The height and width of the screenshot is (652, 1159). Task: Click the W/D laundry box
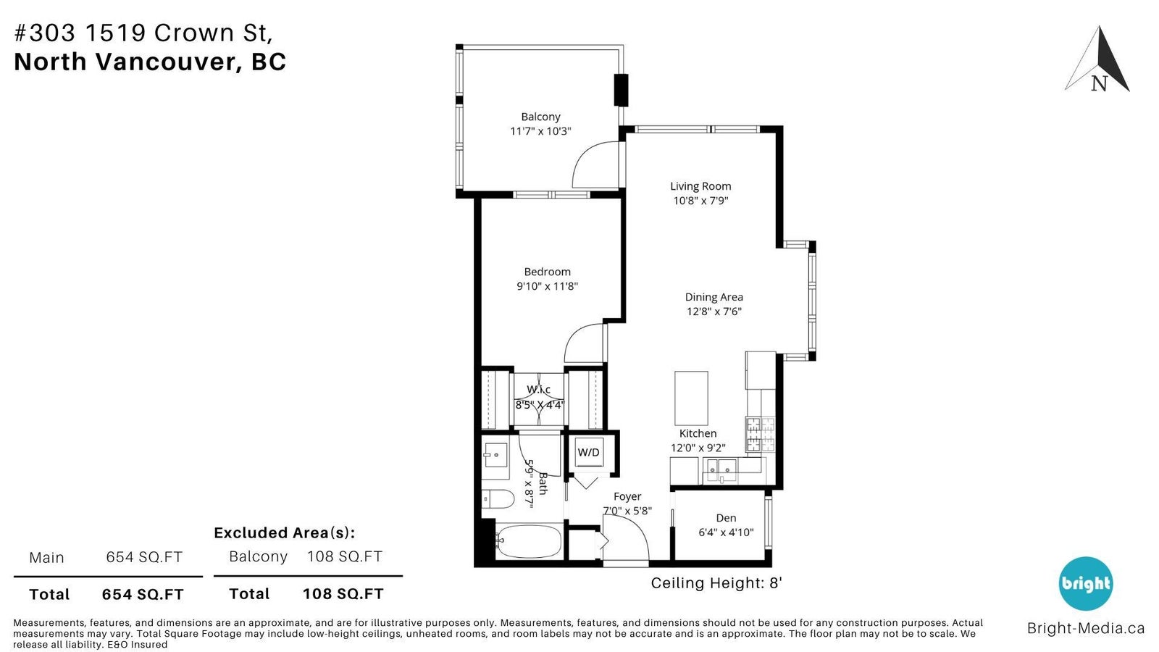pos(589,452)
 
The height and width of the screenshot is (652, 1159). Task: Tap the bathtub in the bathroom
pos(528,542)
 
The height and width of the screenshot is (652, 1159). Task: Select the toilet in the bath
pos(498,499)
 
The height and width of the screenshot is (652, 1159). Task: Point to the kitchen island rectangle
pos(691,398)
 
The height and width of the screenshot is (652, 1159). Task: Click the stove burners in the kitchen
pos(760,434)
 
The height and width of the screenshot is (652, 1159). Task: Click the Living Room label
pos(700,186)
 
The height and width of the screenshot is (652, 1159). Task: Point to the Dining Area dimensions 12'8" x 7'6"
pos(714,312)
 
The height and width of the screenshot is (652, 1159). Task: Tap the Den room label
pos(726,518)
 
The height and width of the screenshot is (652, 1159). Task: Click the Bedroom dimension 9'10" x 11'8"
pos(547,286)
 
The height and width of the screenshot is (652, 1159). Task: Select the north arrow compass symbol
pos(1097,59)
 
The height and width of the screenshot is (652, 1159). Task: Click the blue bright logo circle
pos(1085,584)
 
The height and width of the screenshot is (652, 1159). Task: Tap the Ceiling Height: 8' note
pos(716,583)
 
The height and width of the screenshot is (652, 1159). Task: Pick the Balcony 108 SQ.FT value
pos(345,557)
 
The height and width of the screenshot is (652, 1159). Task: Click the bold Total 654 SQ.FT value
pos(143,595)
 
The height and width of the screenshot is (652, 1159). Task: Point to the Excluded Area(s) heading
pos(285,532)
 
